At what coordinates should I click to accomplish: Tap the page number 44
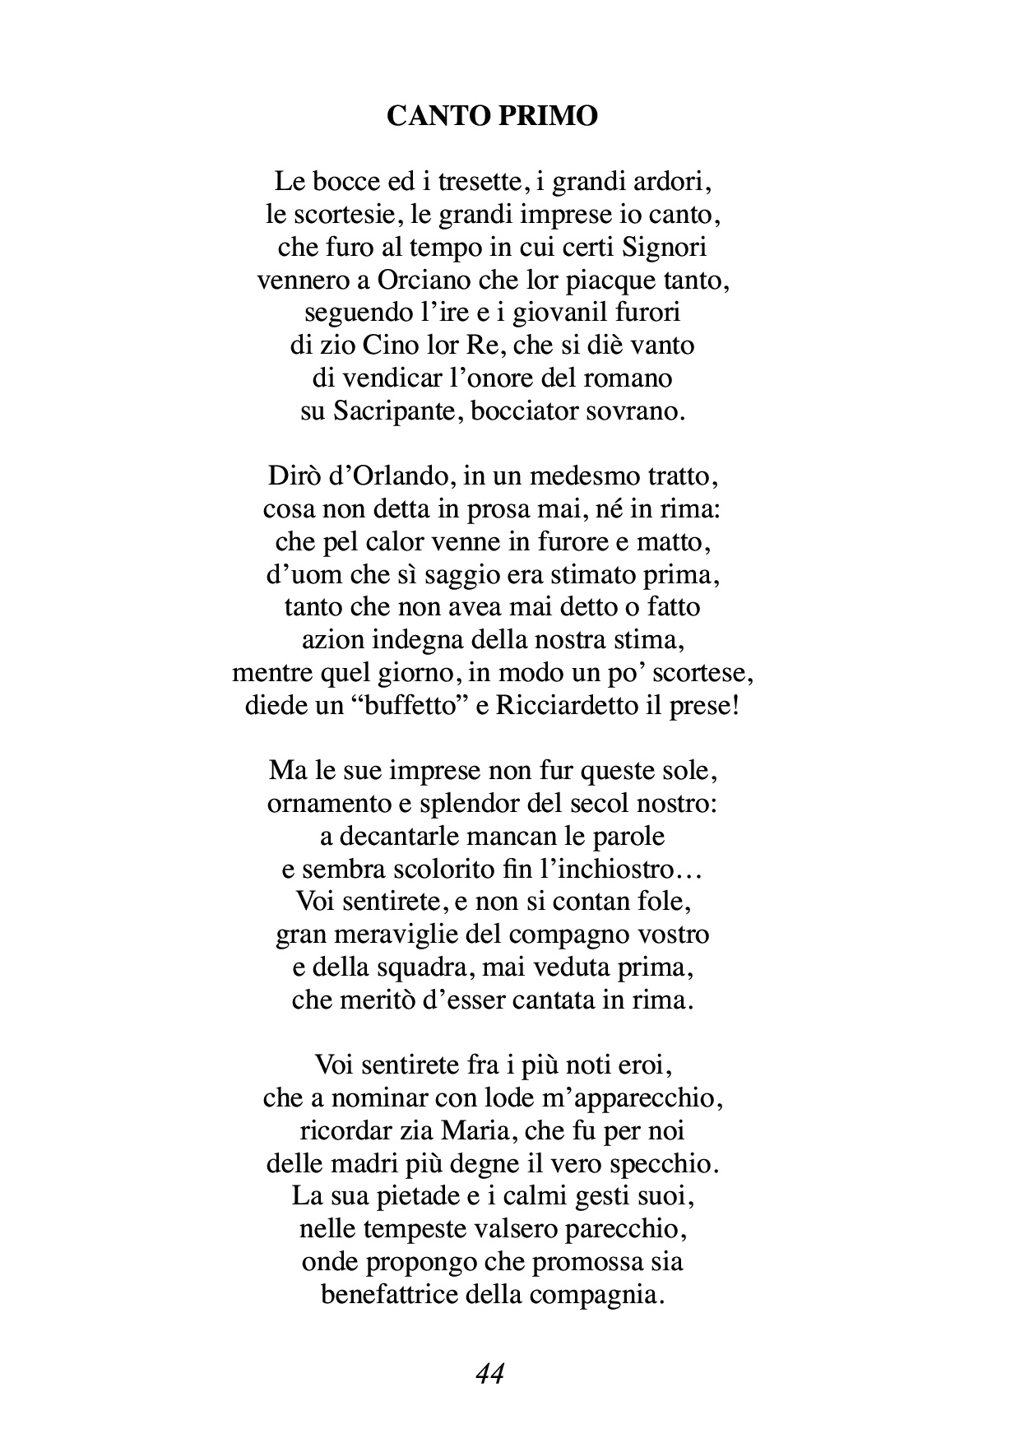490,1373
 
